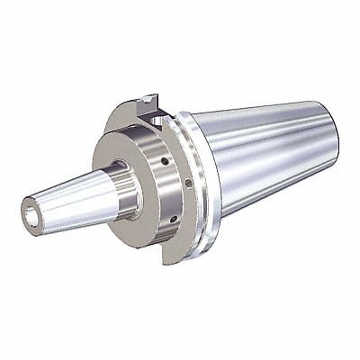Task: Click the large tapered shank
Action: tap(261, 162)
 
